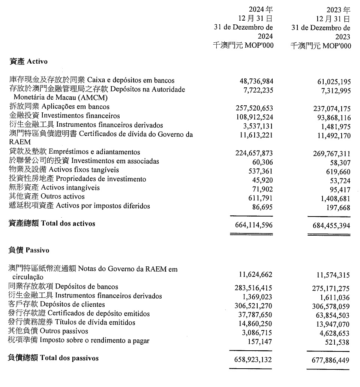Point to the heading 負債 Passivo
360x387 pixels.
[x=29, y=250]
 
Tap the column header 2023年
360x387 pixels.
[x=338, y=9]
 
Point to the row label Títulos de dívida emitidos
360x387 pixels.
[x=72, y=323]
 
